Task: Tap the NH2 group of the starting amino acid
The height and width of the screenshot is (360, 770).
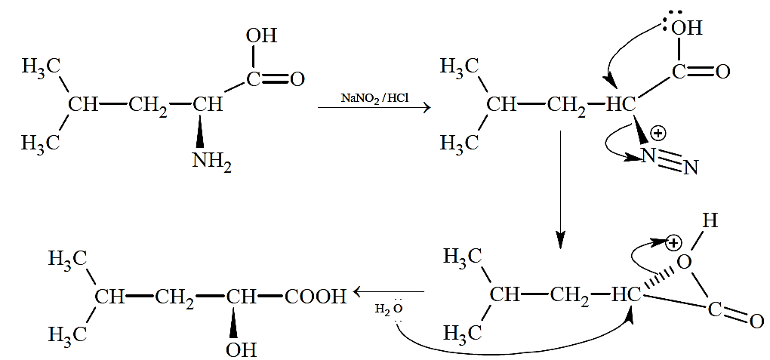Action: click(212, 162)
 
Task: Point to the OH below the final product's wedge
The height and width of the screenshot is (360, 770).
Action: click(241, 349)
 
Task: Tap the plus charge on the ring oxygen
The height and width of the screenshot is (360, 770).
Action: click(674, 242)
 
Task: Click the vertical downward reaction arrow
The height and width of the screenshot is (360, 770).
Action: click(561, 189)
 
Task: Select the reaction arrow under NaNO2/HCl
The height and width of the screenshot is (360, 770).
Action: click(374, 107)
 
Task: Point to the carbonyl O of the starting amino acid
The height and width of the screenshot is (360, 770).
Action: click(297, 79)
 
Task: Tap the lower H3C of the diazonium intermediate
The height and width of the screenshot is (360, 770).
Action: click(459, 143)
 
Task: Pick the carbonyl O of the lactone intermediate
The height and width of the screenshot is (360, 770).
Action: click(756, 322)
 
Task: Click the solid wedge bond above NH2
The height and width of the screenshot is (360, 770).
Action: click(200, 131)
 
